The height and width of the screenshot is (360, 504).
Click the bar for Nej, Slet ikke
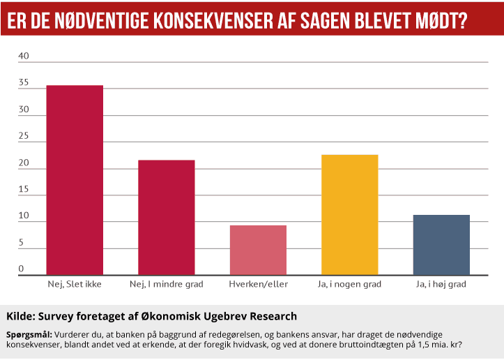75,180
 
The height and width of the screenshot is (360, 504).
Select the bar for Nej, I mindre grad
166,217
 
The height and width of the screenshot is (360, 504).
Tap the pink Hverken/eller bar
258,250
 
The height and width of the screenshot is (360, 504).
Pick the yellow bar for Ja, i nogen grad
349,214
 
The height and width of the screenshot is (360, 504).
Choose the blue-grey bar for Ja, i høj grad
441,245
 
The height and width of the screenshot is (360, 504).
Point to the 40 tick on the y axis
23,57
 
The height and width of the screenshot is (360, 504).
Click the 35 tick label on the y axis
23,83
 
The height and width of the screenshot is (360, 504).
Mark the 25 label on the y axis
23,137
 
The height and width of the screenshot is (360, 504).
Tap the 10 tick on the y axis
23,216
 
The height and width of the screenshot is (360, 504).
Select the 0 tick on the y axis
21,269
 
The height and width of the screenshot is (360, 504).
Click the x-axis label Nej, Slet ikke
75,285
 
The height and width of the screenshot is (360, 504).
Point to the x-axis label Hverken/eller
258,285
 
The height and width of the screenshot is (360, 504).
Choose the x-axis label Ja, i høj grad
441,285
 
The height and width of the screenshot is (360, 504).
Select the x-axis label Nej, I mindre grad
166,285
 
